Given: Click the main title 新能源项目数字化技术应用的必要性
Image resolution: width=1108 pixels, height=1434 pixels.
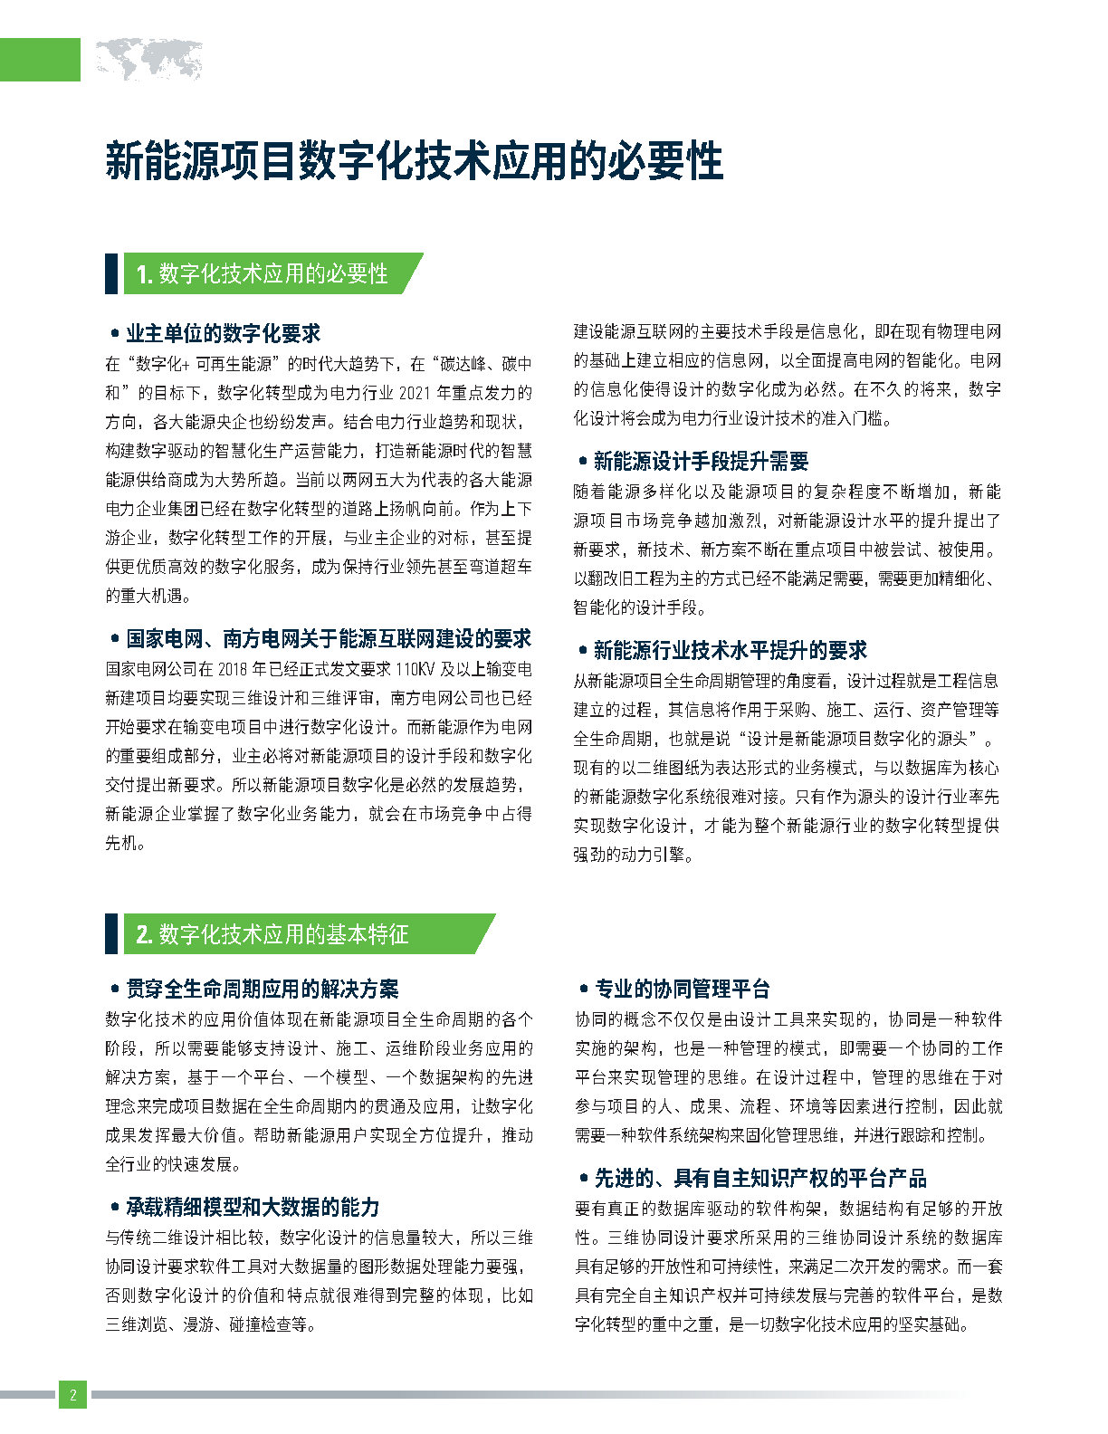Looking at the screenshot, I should [414, 161].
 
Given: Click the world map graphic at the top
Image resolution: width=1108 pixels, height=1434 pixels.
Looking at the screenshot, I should [148, 61].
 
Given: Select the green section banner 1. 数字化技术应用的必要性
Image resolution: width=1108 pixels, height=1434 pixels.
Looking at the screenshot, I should [263, 273].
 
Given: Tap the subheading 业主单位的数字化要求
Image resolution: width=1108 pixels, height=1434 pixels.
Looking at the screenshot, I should [223, 333].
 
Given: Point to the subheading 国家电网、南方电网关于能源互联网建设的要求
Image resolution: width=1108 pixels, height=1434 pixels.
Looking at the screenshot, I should [328, 638].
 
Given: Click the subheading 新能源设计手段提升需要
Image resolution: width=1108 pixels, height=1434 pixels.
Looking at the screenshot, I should [701, 461].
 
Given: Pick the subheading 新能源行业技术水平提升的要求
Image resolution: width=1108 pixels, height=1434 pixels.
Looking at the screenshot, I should [730, 650].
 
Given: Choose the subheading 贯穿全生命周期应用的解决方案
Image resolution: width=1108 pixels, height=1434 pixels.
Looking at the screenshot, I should [262, 989].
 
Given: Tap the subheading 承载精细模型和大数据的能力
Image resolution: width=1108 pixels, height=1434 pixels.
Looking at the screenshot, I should [253, 1207].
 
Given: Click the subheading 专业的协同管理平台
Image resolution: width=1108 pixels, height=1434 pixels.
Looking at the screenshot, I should [682, 989].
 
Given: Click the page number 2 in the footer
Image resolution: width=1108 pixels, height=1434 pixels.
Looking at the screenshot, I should [72, 1394].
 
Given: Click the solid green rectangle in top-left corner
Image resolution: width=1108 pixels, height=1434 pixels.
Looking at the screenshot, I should [40, 61].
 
